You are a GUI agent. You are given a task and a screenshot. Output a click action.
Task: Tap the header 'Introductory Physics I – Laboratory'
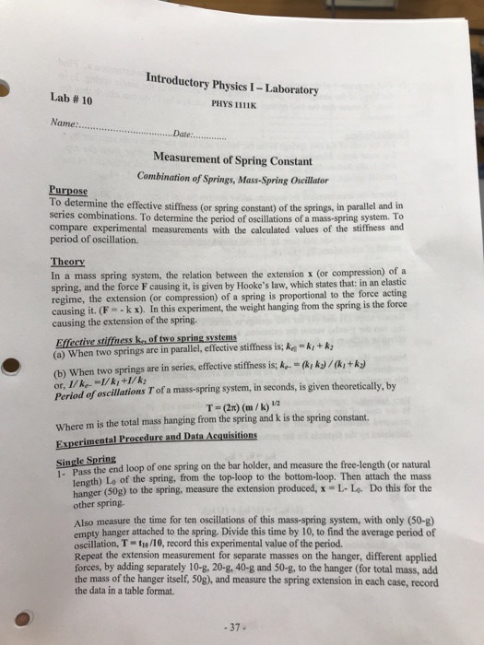231,83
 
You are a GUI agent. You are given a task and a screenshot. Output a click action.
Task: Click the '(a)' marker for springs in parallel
58,348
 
